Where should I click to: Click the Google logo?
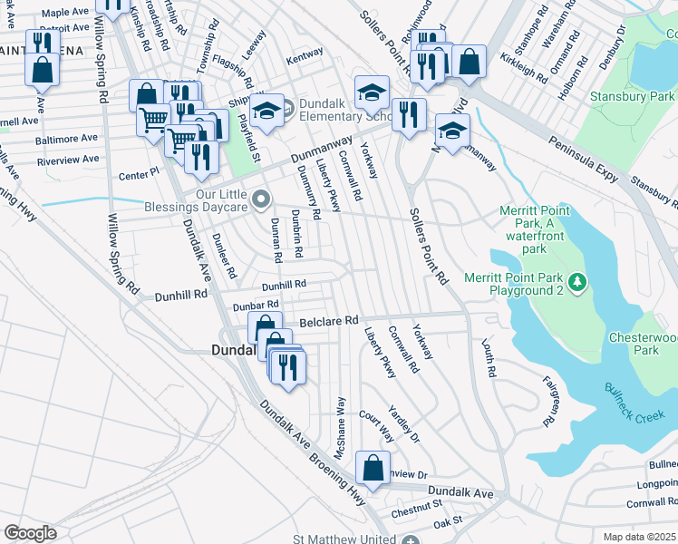[30, 533]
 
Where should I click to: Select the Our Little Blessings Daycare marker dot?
[262, 198]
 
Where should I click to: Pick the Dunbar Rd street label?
[255, 306]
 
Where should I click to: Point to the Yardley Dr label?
[403, 423]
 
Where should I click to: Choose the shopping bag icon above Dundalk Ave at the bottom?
[373, 468]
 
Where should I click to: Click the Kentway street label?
[305, 55]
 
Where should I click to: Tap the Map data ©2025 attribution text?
[640, 537]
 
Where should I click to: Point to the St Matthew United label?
[354, 538]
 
